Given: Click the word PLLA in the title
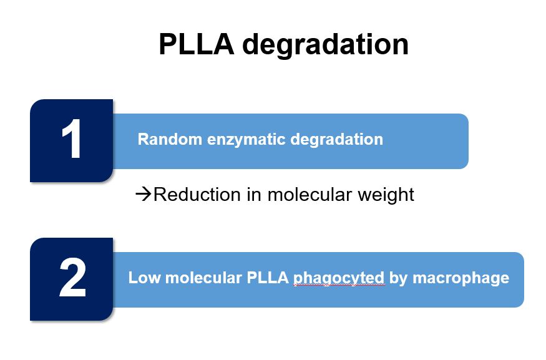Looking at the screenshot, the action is (197, 44).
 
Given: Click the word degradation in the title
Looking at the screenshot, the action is (325, 46).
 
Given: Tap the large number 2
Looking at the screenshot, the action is (72, 278).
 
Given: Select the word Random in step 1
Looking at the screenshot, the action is (170, 139).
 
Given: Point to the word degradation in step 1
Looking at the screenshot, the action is (337, 140).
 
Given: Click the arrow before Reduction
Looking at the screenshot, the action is (144, 194).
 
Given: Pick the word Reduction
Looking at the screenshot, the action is (197, 194).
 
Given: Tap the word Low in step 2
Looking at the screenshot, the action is (144, 278).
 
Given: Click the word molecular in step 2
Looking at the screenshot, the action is (203, 278).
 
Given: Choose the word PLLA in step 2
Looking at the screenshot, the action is (268, 278).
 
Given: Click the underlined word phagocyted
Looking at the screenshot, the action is (338, 279).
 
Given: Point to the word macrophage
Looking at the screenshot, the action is (461, 279).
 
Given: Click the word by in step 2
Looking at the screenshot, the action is (398, 279).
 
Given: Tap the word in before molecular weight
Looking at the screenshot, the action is (254, 194).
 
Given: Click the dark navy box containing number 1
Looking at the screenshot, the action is (71, 140).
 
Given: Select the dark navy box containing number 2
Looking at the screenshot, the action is (71, 280).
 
